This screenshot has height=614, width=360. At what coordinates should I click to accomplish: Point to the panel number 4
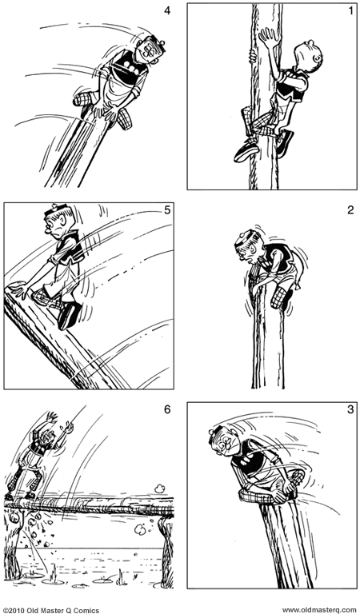pos(166,11)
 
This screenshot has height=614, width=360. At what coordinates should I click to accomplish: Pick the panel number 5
pos(166,212)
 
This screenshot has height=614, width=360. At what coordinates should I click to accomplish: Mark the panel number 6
pos(166,411)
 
